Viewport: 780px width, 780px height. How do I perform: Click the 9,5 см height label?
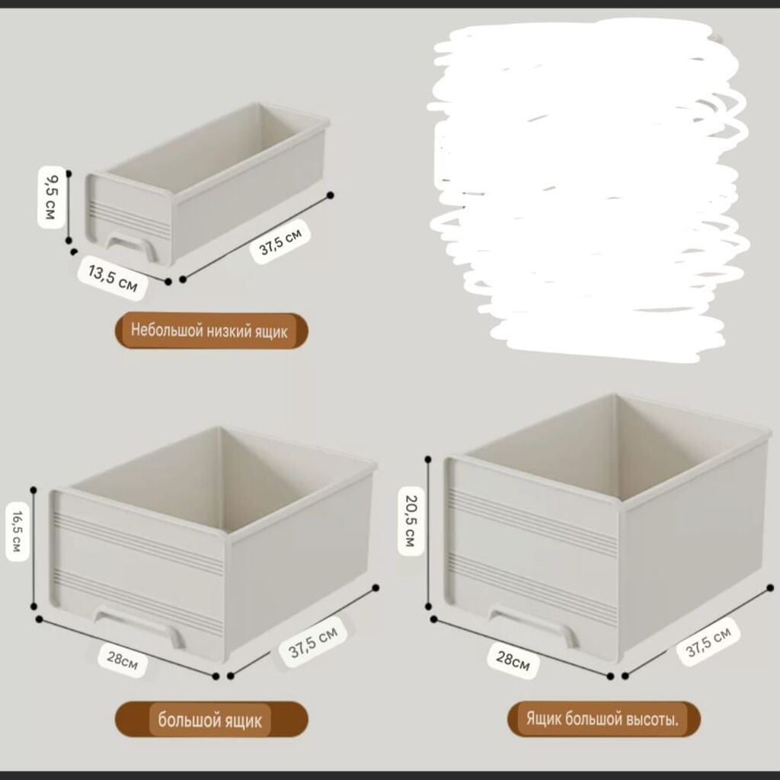(52, 197)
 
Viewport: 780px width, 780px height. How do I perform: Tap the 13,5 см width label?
(113, 278)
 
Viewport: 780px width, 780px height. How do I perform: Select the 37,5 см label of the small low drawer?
(280, 241)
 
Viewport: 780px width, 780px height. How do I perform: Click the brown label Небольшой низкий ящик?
(212, 331)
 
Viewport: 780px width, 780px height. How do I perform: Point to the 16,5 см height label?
(18, 531)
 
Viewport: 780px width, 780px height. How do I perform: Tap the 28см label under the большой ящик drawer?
(123, 660)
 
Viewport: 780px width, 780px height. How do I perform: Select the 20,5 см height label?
(411, 520)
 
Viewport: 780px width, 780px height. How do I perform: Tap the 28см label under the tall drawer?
(513, 660)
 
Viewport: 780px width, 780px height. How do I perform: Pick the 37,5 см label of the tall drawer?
(708, 641)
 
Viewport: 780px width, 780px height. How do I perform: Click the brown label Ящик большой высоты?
(603, 719)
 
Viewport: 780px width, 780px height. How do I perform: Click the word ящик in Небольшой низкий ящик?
(271, 332)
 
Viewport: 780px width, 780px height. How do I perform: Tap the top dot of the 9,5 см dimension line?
(69, 174)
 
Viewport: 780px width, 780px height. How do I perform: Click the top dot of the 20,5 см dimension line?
(428, 459)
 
